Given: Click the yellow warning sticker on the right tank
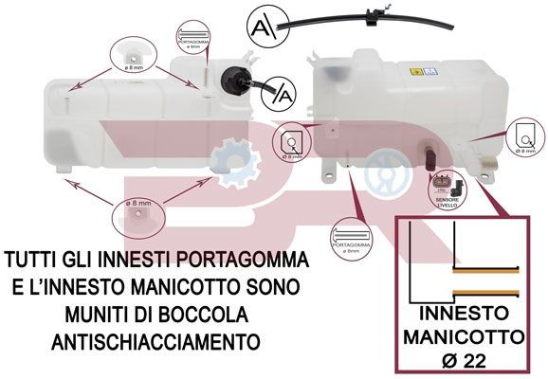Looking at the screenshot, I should coord(414,73).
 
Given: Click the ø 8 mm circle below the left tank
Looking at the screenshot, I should coord(133,215).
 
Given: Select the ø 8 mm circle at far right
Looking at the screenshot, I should coord(526,139).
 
